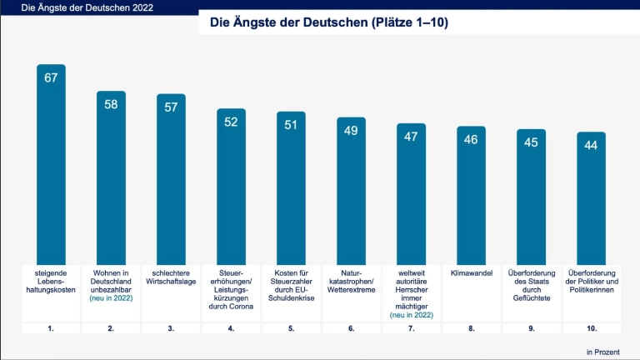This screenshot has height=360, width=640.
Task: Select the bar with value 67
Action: pos(51,167)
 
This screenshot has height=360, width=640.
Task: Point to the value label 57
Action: pos(171,107)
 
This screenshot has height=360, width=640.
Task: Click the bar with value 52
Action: pos(231,187)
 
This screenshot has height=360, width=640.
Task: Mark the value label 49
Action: pos(351,130)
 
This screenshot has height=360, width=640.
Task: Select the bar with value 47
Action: pos(411,196)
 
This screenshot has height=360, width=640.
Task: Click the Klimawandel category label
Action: pos(471,272)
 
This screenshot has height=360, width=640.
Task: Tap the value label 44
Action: pos(591,145)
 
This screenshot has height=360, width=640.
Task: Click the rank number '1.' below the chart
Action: pos(51,328)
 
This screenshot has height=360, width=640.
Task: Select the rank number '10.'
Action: pos(591,328)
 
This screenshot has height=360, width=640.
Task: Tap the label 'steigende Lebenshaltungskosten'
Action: pos(51,281)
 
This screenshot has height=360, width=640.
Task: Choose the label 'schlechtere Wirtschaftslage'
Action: pos(171,277)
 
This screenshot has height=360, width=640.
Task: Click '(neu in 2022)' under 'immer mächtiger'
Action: pos(411,316)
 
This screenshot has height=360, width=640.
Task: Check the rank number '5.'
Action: pos(291,328)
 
